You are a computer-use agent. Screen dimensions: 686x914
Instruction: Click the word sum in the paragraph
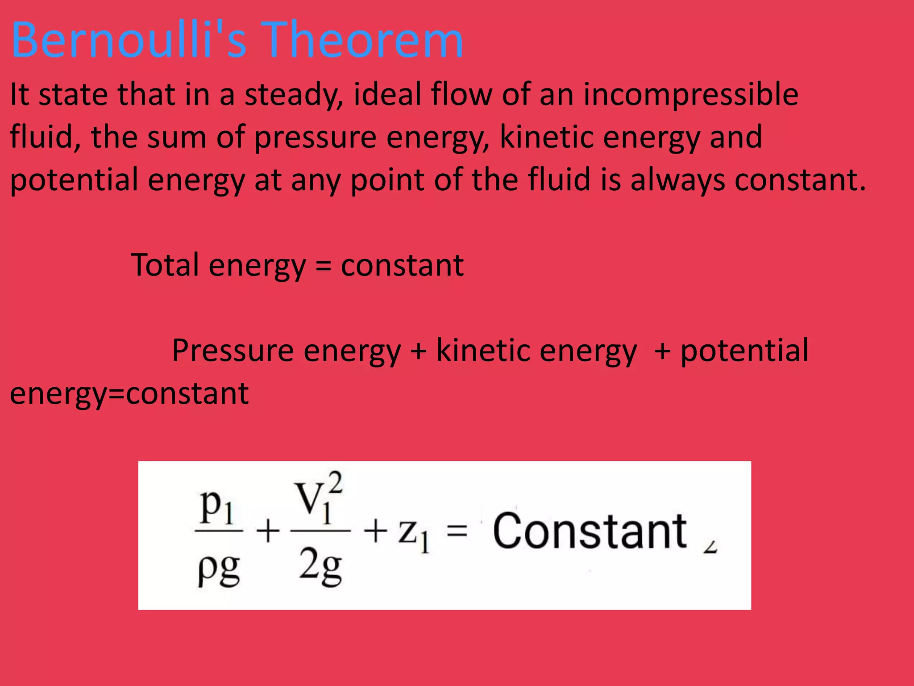pos(177,137)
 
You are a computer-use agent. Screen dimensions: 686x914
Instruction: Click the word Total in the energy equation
pos(165,265)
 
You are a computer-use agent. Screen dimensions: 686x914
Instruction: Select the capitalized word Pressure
pos(233,350)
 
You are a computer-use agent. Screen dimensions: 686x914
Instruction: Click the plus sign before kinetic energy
pos(418,351)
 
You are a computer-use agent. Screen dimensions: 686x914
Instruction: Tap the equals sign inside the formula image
pos(457,531)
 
